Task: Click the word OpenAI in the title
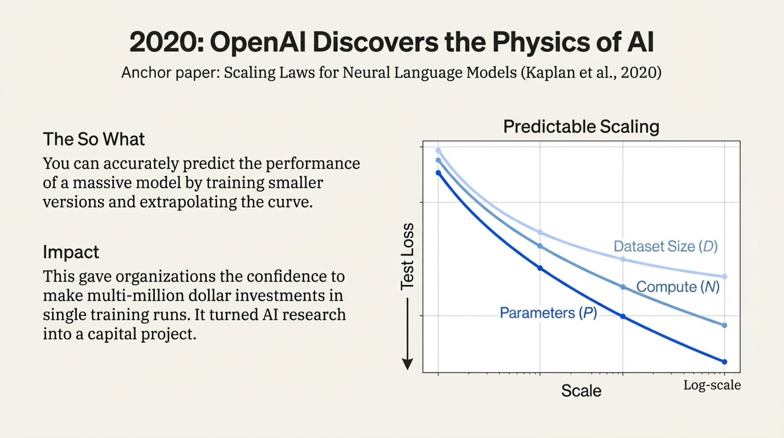click(x=258, y=42)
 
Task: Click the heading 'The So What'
click(x=94, y=139)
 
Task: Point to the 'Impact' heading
click(x=71, y=252)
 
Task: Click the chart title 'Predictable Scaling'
click(x=581, y=127)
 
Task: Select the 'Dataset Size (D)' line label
click(x=665, y=246)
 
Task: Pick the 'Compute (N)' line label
click(x=677, y=287)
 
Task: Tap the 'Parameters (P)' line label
click(x=548, y=313)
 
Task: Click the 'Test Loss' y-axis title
click(x=408, y=257)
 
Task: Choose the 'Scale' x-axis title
click(x=581, y=391)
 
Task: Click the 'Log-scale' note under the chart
click(x=712, y=385)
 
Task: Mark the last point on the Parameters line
click(x=724, y=362)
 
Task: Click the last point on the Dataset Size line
click(x=724, y=277)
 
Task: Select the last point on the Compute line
click(x=724, y=325)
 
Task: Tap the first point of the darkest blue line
click(x=439, y=173)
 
